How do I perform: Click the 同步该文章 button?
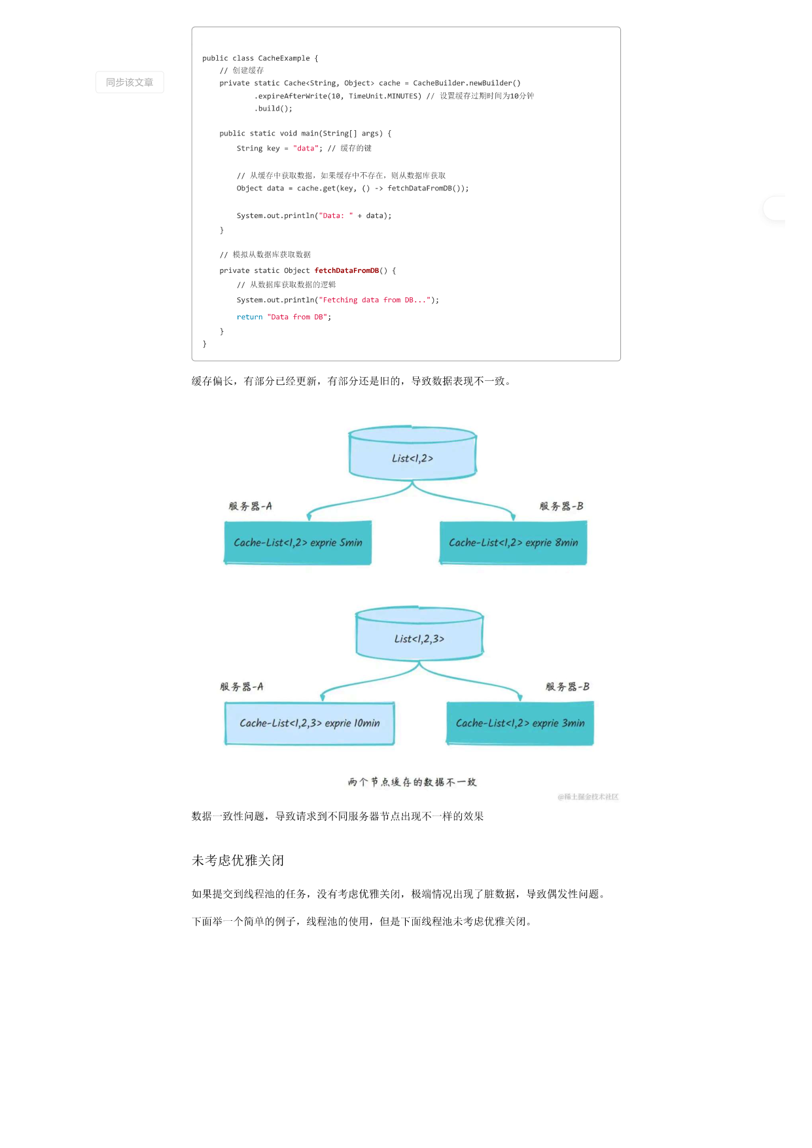[x=130, y=82]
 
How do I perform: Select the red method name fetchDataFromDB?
[x=347, y=270]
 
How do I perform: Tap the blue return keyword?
[x=249, y=317]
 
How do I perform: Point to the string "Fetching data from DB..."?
[x=375, y=300]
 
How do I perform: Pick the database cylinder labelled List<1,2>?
[x=412, y=453]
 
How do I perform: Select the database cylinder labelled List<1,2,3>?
[x=419, y=634]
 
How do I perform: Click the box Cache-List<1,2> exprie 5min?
[x=298, y=543]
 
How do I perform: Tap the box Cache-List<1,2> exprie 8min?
[x=514, y=543]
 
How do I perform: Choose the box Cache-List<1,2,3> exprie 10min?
[x=309, y=723]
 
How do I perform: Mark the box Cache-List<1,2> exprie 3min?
[x=520, y=723]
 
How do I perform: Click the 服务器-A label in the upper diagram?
[x=250, y=506]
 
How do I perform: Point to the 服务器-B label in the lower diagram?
[x=567, y=687]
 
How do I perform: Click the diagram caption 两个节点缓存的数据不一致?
[x=412, y=782]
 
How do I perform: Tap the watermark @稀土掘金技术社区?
[x=588, y=797]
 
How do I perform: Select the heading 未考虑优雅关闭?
[x=238, y=861]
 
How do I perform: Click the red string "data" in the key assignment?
[x=306, y=149]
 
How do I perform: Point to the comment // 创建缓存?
[x=241, y=71]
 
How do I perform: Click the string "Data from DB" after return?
[x=297, y=317]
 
